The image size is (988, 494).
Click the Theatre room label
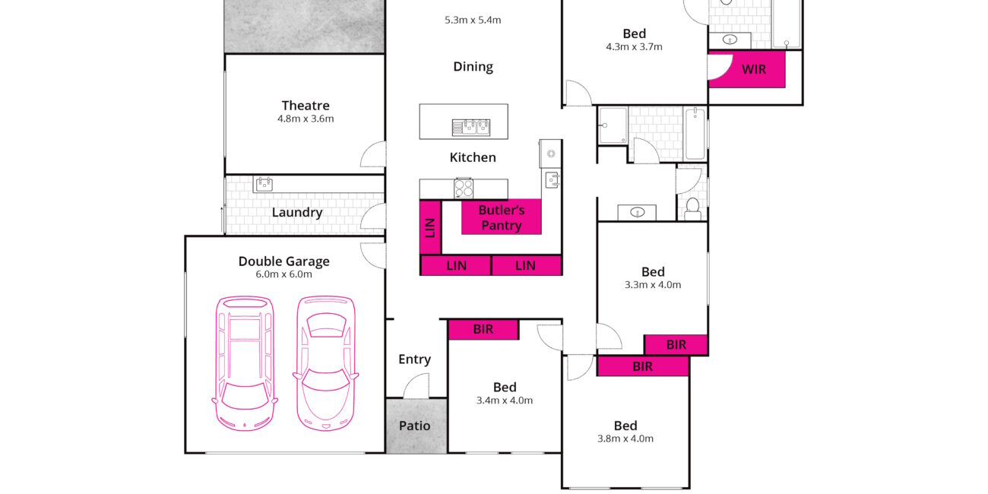click(306, 106)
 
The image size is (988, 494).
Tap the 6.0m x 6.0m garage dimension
click(284, 274)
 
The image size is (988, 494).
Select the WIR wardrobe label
click(754, 69)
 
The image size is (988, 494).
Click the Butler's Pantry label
click(502, 217)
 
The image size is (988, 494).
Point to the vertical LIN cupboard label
click(430, 228)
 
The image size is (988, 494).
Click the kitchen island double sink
click(471, 128)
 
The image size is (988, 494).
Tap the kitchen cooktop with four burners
click(464, 188)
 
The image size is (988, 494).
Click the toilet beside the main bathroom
click(692, 210)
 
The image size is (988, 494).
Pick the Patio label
click(415, 426)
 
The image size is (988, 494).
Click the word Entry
click(415, 359)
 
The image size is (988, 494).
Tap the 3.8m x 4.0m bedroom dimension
click(625, 439)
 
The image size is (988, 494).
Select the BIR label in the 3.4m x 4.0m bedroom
click(483, 329)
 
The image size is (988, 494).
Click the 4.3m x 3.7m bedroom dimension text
click(635, 47)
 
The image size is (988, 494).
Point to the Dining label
click(473, 67)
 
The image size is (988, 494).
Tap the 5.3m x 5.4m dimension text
click(473, 20)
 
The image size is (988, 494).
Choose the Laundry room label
click(297, 213)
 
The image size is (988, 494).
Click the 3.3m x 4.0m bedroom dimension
click(653, 285)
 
